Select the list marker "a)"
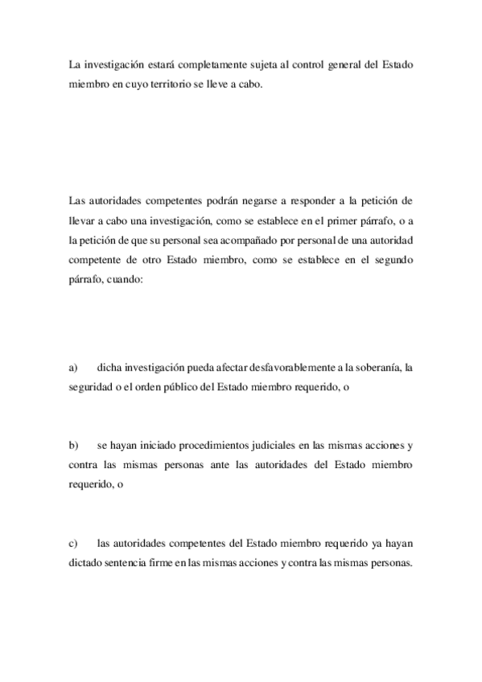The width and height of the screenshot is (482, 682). coord(73,368)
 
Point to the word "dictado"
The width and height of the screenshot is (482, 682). coord(86,563)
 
